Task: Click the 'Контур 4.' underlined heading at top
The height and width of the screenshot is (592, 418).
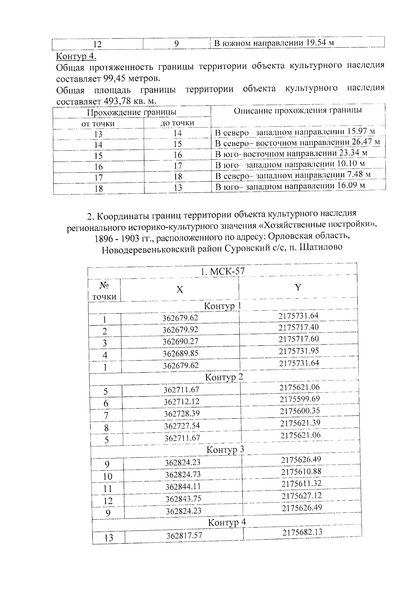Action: pyautogui.click(x=76, y=56)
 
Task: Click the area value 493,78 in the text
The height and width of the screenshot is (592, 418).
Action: pyautogui.click(x=116, y=102)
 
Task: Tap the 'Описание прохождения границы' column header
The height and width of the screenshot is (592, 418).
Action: pyautogui.click(x=297, y=111)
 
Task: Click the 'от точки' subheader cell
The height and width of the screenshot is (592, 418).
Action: pyautogui.click(x=98, y=123)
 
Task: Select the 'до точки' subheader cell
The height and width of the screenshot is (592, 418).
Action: pyautogui.click(x=177, y=123)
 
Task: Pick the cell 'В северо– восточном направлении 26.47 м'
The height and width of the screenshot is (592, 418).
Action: pyautogui.click(x=297, y=142)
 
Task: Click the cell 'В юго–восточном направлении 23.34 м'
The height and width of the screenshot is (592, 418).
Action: pyautogui.click(x=291, y=153)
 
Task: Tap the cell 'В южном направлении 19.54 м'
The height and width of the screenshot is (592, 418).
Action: pyautogui.click(x=274, y=43)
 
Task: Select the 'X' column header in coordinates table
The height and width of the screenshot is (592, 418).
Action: pyautogui.click(x=179, y=290)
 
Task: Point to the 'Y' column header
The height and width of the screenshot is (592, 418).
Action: pyautogui.click(x=298, y=287)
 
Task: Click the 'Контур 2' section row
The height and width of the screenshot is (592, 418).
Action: pyautogui.click(x=224, y=377)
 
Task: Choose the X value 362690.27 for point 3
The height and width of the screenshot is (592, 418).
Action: pyautogui.click(x=180, y=341)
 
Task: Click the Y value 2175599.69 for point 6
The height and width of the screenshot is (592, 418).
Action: pyautogui.click(x=300, y=399)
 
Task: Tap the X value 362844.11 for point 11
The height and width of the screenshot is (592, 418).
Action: pyautogui.click(x=183, y=486)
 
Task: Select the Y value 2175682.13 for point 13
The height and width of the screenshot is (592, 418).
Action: pyautogui.click(x=302, y=532)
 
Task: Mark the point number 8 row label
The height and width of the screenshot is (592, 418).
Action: pyautogui.click(x=106, y=428)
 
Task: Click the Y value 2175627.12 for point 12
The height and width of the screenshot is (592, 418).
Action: pyautogui.click(x=301, y=496)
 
